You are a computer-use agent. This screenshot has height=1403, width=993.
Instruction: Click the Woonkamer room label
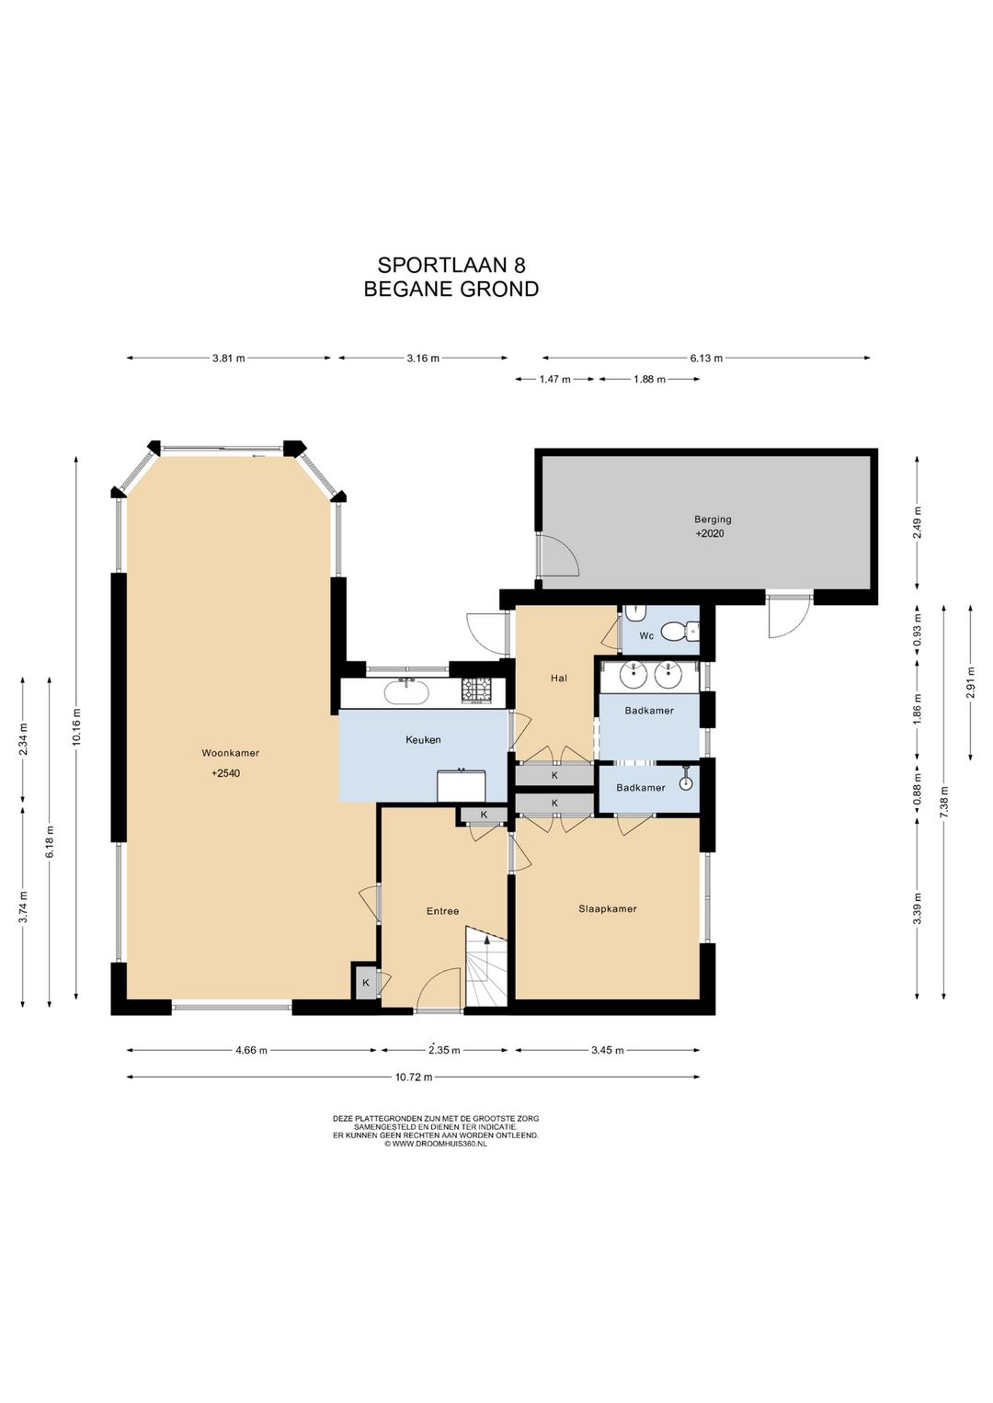(230, 753)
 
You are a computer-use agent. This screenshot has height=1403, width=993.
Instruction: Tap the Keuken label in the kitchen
(423, 740)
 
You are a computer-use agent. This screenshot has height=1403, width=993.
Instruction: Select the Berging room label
(713, 519)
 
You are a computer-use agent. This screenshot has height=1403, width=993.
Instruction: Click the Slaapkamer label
(607, 908)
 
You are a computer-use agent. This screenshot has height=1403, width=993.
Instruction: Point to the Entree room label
(442, 911)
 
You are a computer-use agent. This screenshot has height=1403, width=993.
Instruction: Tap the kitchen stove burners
(477, 690)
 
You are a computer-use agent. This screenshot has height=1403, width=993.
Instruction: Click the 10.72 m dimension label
(414, 1078)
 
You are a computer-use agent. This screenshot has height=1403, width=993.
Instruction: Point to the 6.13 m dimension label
(706, 359)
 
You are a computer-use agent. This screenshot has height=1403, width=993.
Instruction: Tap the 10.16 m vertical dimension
(76, 726)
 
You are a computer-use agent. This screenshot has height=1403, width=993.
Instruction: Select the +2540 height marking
(225, 773)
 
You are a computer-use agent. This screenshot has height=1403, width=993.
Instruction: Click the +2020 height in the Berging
(710, 534)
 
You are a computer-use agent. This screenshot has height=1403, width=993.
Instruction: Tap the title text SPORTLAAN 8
(451, 265)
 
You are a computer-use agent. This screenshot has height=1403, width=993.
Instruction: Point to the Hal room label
(559, 678)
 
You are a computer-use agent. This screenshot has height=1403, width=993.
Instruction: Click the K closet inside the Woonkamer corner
(366, 983)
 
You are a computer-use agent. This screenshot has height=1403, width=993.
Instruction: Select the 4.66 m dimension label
(251, 1050)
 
